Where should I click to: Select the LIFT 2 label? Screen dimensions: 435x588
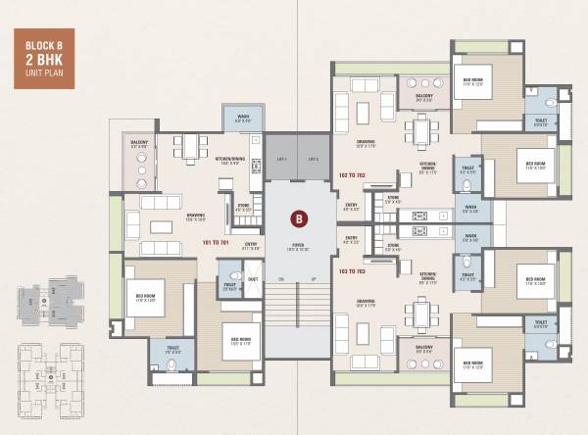[x=313, y=159]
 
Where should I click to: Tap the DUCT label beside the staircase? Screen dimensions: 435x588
[x=253, y=279]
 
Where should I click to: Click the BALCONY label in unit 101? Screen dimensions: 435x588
[x=140, y=143]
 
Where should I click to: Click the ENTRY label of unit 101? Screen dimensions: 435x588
[x=251, y=243]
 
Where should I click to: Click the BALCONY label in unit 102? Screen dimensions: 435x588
[x=423, y=96]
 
